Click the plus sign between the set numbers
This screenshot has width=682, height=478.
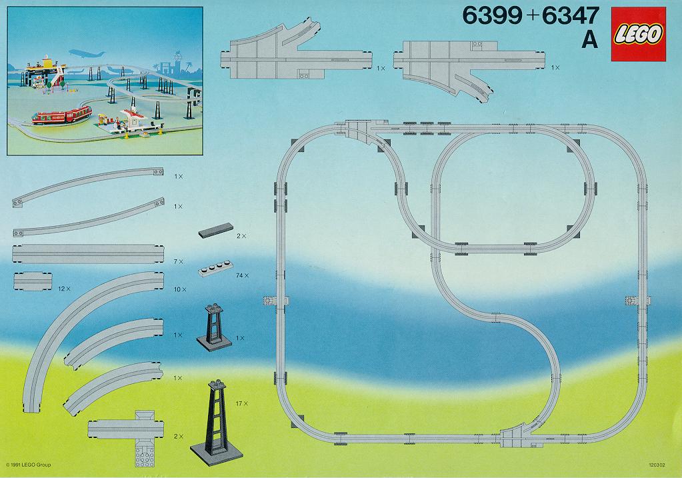pyautogui.click(x=531, y=17)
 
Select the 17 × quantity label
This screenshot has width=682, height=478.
pyautogui.click(x=241, y=404)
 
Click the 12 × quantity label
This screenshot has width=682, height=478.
pyautogui.click(x=64, y=289)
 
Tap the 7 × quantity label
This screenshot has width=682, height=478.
pyautogui.click(x=178, y=262)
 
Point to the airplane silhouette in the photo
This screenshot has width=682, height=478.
pyautogui.click(x=87, y=53)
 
